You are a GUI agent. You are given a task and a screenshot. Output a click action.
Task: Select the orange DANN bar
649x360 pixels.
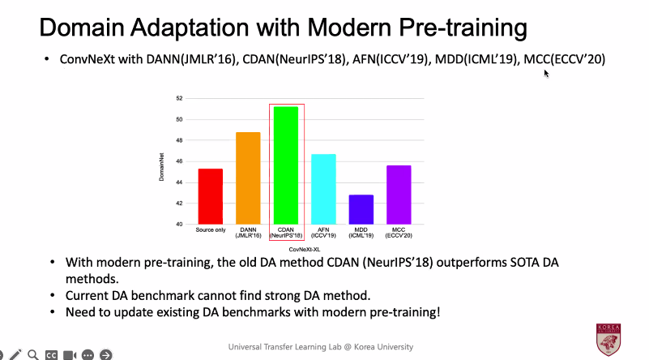click(x=248, y=178)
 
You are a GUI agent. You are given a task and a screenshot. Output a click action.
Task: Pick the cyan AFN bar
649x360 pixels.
click(x=323, y=189)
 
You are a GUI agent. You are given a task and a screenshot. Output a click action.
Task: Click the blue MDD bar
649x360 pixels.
click(x=361, y=209)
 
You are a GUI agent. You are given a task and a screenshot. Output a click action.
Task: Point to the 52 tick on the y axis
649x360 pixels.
click(x=179, y=98)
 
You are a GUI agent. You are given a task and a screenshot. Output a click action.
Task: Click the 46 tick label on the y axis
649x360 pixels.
click(x=179, y=161)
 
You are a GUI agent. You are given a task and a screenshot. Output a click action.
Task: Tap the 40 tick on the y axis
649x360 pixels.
click(x=179, y=224)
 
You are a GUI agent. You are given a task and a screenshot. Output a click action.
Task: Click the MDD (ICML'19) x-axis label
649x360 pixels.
click(x=361, y=233)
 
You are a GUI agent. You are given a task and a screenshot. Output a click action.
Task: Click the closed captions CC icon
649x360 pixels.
click(x=51, y=354)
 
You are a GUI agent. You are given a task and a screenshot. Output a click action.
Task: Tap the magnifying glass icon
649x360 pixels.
click(x=33, y=354)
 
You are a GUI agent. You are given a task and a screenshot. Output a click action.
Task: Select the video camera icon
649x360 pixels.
click(x=70, y=354)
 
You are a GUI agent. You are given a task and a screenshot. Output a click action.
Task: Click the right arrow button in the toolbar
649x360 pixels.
click(x=105, y=354)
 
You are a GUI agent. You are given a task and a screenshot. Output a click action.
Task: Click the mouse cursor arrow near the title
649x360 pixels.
click(x=547, y=73)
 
